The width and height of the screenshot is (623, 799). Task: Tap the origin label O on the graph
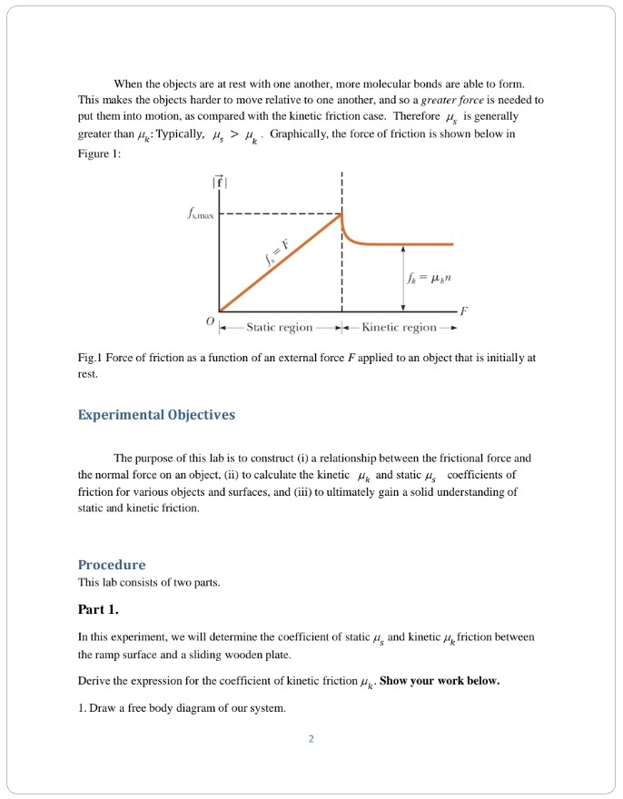pos(210,321)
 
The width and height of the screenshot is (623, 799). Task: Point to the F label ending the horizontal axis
pos(464,310)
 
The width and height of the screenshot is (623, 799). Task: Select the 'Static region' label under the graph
pos(280,327)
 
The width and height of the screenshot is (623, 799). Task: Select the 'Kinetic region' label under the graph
pos(400,327)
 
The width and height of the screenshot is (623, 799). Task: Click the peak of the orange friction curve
pos(341,214)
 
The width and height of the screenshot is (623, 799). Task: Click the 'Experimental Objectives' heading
pos(156,415)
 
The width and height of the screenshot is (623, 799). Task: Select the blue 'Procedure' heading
pos(112,564)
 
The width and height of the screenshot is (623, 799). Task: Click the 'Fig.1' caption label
pos(93,358)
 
